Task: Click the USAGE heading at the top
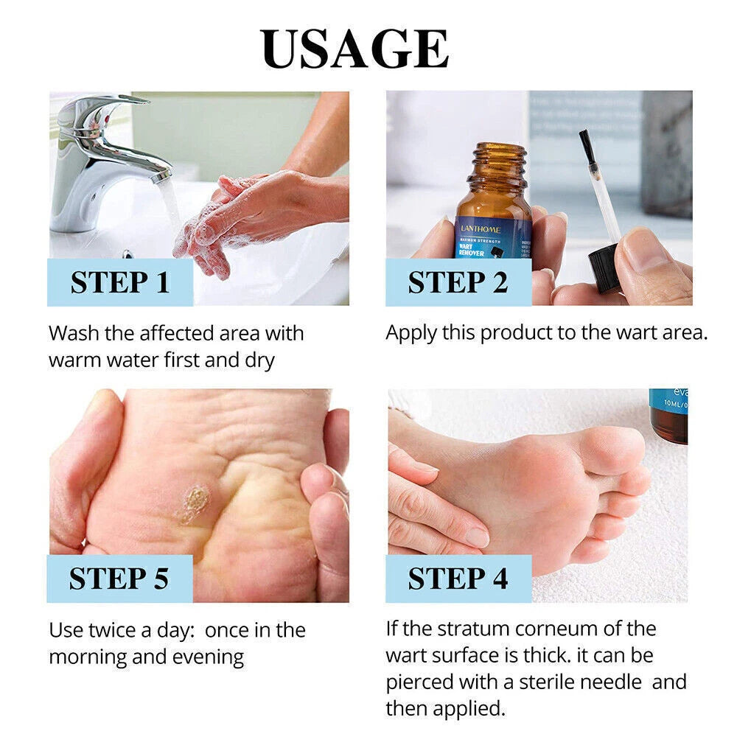(354, 49)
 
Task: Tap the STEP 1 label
(120, 283)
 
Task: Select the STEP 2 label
(458, 283)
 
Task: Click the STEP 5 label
(119, 579)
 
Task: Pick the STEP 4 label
(458, 579)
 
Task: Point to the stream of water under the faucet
(171, 206)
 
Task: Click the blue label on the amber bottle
(492, 236)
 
